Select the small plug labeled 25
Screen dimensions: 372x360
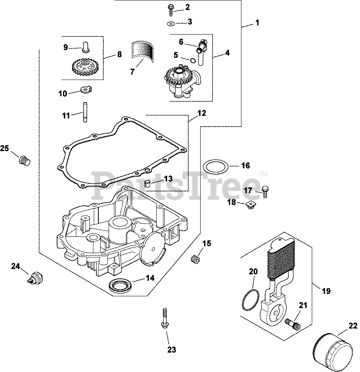[x=25, y=160]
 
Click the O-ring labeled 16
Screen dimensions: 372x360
[x=216, y=167]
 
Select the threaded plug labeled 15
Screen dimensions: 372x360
[x=196, y=258]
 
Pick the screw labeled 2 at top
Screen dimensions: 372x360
[x=171, y=8]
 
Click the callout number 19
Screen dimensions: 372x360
[x=326, y=290]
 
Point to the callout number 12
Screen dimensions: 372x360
[x=201, y=113]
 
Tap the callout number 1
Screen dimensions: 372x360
[x=257, y=23]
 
